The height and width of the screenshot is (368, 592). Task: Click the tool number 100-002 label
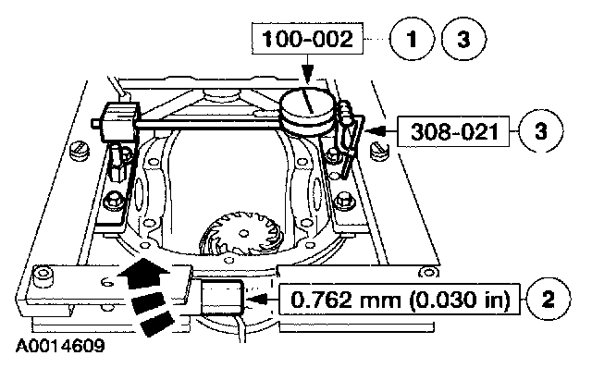click(307, 39)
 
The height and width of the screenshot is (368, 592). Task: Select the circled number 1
click(412, 39)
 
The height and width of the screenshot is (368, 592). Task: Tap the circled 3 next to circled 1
click(464, 39)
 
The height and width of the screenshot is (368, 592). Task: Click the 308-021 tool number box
click(453, 131)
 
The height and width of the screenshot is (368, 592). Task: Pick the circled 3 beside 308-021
click(541, 131)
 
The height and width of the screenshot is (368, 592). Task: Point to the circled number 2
click(549, 299)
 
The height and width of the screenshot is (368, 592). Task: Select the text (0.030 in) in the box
click(459, 300)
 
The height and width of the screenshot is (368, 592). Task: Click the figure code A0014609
click(60, 346)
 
